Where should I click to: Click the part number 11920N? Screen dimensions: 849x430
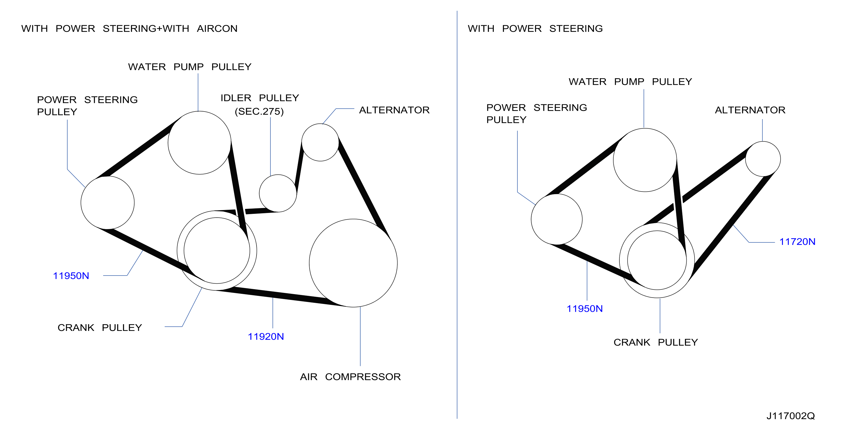266,336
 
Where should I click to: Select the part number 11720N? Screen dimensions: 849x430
797,242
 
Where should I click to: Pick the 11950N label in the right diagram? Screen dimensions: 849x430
584,309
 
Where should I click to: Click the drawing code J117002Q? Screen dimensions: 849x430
790,416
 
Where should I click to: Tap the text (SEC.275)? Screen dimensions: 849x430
259,111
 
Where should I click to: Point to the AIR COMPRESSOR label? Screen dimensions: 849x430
350,377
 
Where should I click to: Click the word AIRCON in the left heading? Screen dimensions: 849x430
217,29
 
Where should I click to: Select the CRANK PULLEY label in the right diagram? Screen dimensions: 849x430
656,342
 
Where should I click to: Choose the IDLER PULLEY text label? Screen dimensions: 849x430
260,98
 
